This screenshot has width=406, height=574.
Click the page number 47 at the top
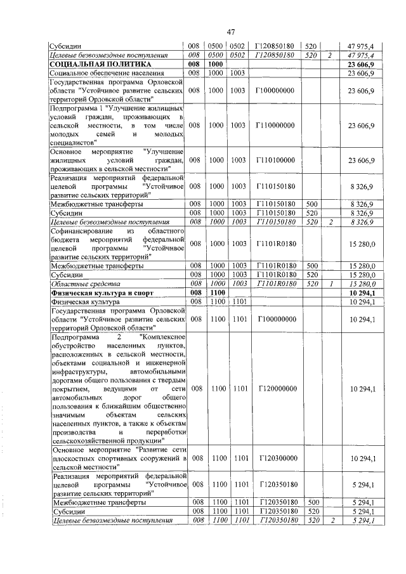(231, 32)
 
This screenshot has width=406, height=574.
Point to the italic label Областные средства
(77, 284)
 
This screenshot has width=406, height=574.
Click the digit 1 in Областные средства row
(330, 284)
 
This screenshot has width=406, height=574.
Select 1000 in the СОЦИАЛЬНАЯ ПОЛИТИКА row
(216, 65)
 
